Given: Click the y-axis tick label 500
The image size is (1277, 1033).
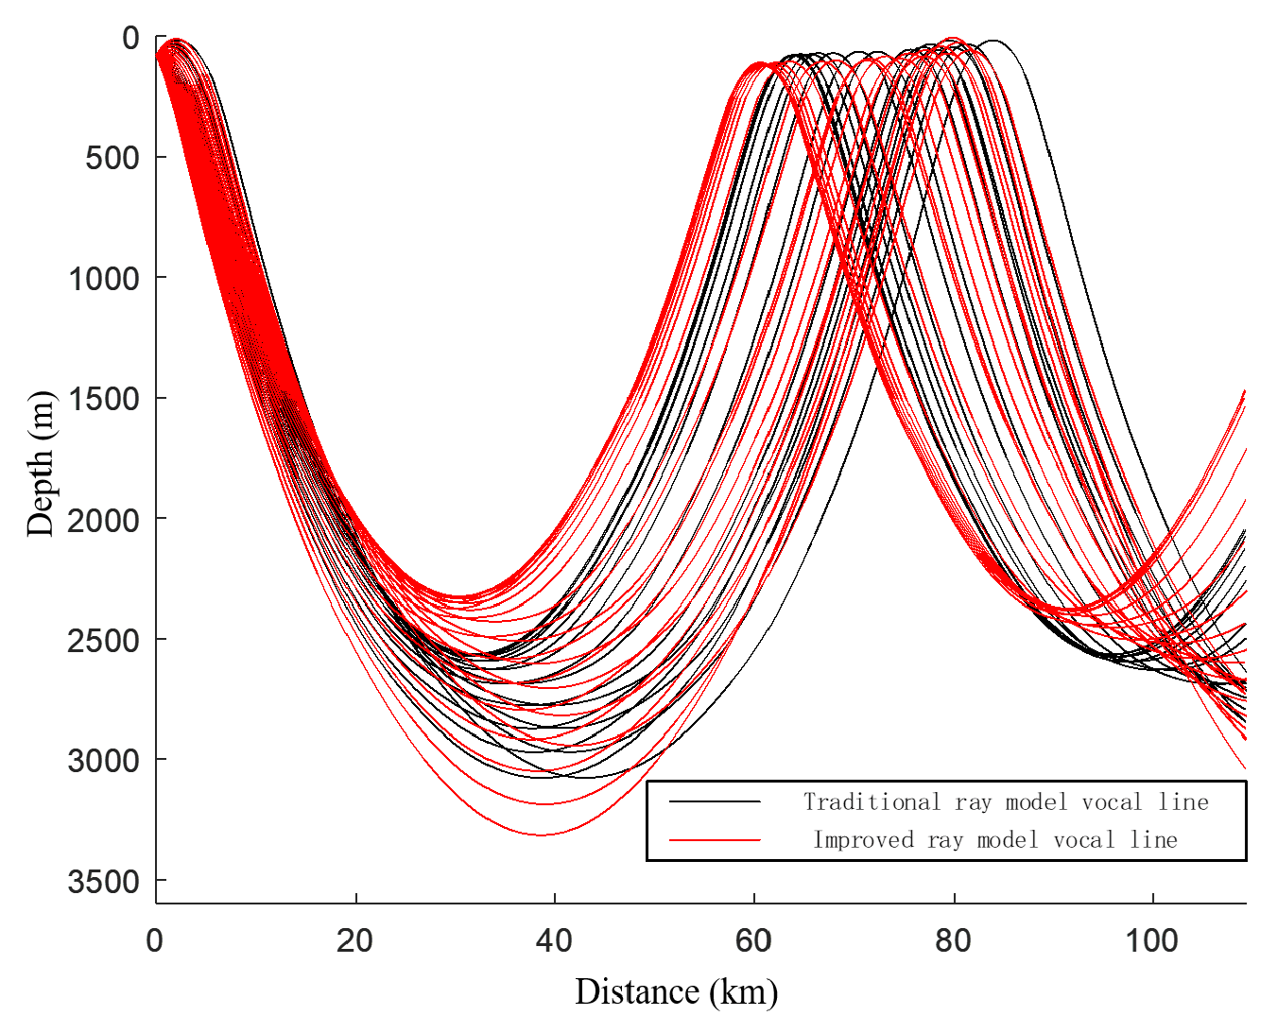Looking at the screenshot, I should (112, 158).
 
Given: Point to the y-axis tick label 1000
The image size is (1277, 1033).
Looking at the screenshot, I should (104, 278).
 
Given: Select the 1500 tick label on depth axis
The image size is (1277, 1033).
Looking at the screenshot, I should (104, 399).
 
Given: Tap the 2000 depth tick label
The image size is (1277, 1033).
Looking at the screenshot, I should (104, 519).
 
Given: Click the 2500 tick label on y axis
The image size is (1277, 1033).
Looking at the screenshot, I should (104, 640).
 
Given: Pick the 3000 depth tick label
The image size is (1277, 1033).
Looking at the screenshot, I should (104, 761).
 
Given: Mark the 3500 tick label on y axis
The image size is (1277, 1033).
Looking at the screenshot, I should (104, 882).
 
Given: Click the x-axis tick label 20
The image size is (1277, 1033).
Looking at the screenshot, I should (355, 941).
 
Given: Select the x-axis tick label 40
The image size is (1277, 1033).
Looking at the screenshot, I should (555, 941).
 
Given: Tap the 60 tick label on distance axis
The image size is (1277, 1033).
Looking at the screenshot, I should (754, 941).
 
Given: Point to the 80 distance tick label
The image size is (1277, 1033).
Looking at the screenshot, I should (954, 941).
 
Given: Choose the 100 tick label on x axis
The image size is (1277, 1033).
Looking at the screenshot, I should (1153, 941).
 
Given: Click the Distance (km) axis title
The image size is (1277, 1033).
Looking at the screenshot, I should (677, 992).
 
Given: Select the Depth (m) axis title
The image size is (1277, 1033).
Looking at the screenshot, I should (41, 463).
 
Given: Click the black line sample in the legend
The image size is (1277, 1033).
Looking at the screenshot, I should (715, 802).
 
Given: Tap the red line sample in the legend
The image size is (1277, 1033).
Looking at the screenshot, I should (715, 840).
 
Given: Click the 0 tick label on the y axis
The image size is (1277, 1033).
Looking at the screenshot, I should (130, 38).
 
